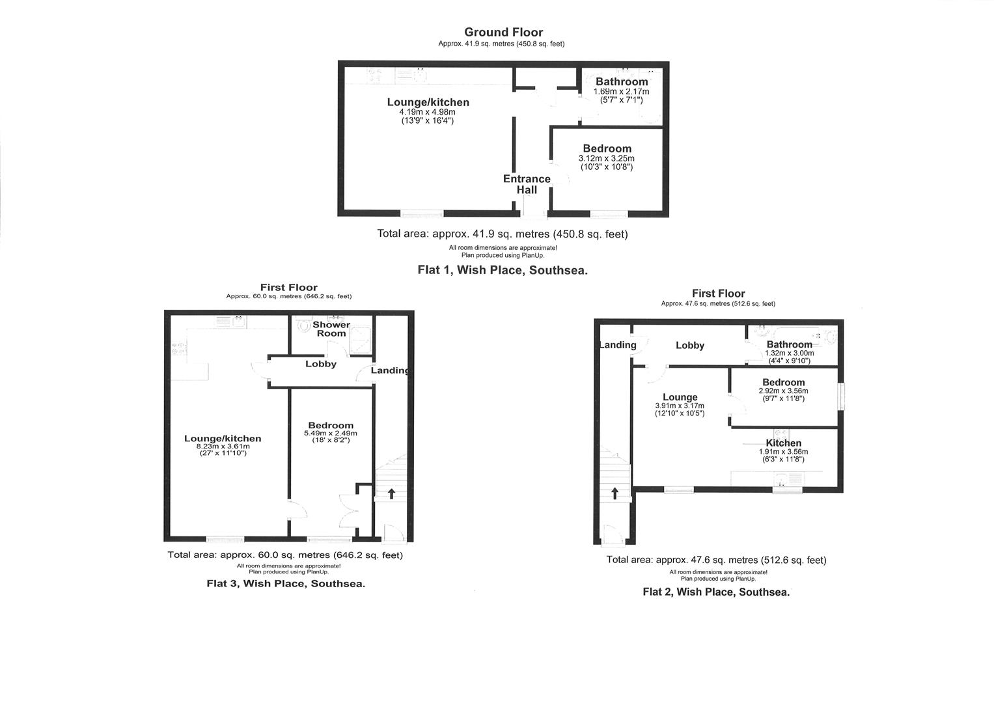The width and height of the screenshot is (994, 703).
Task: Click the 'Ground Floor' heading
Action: [x=503, y=32]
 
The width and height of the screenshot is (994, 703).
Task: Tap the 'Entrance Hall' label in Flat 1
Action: [x=527, y=184]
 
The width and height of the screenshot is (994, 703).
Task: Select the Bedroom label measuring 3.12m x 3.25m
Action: [x=607, y=148]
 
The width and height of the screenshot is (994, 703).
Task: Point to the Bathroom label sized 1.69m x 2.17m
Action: [x=622, y=81]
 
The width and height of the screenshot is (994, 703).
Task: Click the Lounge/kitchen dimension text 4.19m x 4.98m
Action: [x=428, y=112]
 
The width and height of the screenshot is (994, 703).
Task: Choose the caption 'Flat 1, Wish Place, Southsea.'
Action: [x=502, y=270]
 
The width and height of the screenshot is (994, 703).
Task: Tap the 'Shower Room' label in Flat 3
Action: [x=331, y=329]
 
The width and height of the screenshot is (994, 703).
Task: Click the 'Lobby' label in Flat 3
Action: [x=321, y=364]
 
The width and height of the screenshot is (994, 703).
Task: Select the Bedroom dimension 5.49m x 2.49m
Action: [x=331, y=434]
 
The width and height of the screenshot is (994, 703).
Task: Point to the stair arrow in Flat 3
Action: [x=391, y=493]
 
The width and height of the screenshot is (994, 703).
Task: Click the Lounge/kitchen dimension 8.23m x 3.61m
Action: [x=223, y=447]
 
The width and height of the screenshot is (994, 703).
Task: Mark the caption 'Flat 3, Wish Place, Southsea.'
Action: [x=286, y=583]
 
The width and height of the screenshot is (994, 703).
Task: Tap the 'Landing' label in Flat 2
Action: [x=617, y=345]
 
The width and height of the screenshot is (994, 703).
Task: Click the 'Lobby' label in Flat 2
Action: [x=690, y=346]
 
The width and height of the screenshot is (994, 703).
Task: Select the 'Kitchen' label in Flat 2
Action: [x=783, y=443]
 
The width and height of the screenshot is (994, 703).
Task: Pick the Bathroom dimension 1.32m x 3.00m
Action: [x=789, y=353]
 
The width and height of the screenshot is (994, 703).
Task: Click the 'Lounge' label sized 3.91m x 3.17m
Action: [x=680, y=397]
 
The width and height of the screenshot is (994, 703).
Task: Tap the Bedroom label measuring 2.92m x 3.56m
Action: [x=783, y=382]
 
